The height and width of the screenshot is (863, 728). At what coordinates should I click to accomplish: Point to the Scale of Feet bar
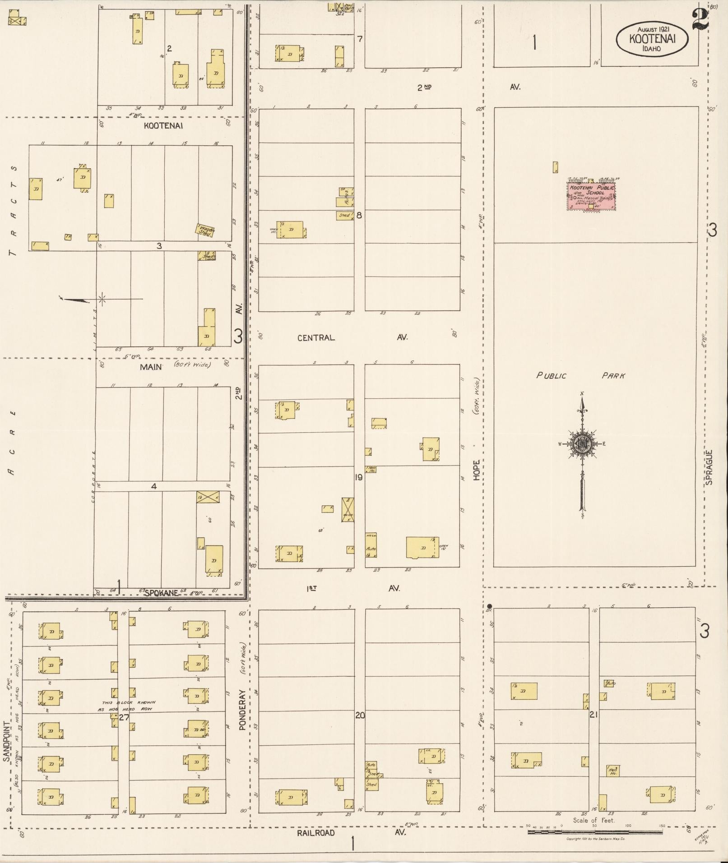[596, 832]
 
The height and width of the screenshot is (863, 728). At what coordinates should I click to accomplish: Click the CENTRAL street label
[316, 337]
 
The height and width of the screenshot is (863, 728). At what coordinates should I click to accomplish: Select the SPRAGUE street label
[709, 467]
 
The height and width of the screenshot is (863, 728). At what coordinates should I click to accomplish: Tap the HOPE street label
[477, 470]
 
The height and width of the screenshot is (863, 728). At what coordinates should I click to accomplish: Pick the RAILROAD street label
[316, 833]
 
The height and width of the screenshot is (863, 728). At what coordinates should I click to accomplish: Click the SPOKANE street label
[161, 593]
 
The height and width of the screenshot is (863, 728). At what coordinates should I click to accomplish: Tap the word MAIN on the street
[151, 367]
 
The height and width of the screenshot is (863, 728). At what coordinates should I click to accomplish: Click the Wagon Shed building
[205, 231]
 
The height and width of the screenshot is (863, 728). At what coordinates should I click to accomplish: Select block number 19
[359, 477]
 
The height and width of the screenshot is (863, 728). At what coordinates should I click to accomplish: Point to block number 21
[594, 715]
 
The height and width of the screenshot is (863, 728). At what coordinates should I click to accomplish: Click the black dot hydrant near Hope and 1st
[489, 605]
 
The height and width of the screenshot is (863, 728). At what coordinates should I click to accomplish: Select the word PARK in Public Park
[613, 375]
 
